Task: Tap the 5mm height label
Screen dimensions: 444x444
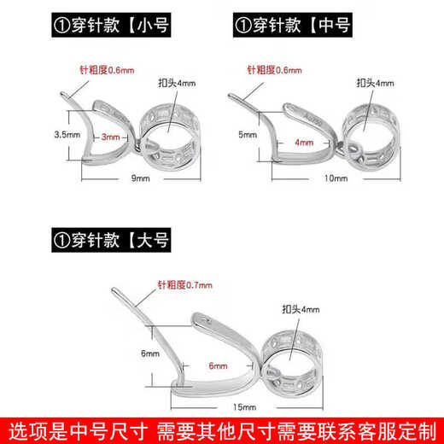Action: (x=248, y=134)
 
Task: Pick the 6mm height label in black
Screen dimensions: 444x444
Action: (x=150, y=352)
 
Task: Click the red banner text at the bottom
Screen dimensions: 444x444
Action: (x=222, y=428)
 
